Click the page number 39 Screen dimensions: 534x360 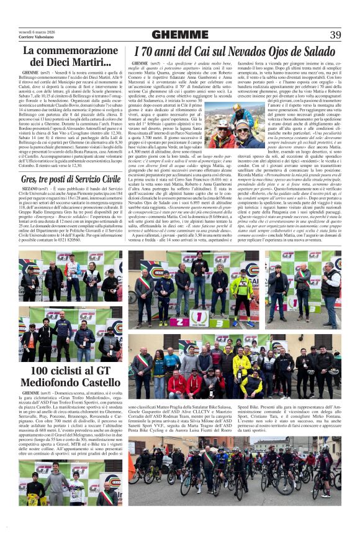pyautogui.click(x=335, y=34)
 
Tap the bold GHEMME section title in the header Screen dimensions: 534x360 pyautogui.click(x=180, y=34)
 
